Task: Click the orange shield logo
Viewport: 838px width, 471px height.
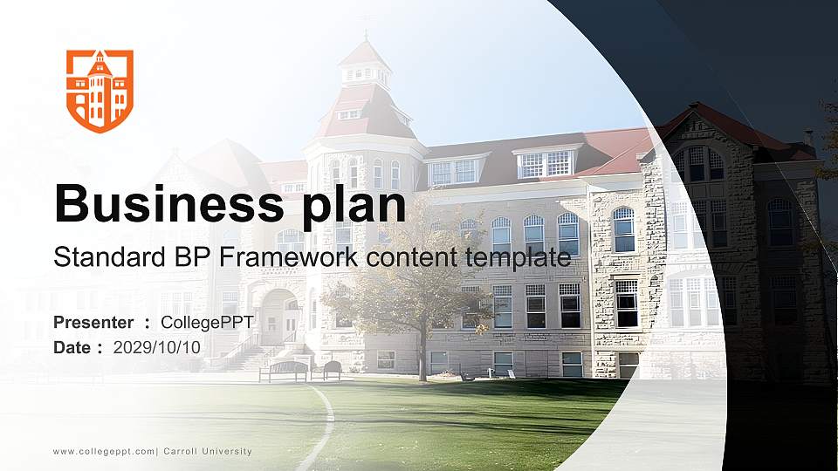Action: click(x=100, y=91)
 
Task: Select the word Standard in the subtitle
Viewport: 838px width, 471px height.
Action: click(x=98, y=257)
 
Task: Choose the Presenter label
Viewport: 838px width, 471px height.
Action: click(x=93, y=323)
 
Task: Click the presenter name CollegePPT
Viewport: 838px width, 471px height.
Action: click(x=207, y=323)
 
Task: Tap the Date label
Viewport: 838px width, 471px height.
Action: click(x=72, y=347)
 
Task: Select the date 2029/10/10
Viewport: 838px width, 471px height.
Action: click(x=157, y=347)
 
